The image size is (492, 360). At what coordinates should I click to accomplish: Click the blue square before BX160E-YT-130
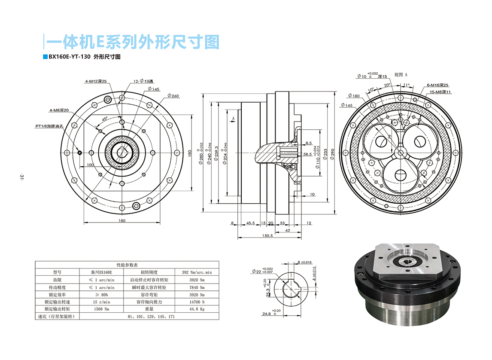45,57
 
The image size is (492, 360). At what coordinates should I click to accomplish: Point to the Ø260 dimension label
173,96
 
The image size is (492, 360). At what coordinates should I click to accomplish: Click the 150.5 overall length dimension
267,236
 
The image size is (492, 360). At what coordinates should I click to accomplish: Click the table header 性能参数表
126,265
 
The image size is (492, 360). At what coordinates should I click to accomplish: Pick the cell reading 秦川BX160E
101,272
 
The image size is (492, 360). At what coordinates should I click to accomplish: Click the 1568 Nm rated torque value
101,309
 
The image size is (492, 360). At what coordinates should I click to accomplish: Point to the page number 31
21,177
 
